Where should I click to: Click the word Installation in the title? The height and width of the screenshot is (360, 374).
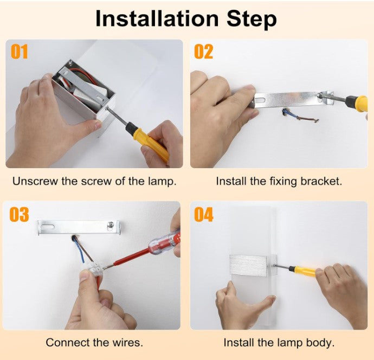coord(157,19)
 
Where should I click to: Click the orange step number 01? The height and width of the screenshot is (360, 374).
coord(20,52)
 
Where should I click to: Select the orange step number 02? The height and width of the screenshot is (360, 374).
coord(203,52)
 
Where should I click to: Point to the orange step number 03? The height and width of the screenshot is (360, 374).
coord(19,214)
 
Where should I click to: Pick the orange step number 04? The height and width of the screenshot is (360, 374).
coord(203,215)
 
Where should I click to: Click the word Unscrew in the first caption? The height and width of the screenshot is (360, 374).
coord(36,181)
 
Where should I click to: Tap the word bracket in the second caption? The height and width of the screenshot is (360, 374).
coord(321,181)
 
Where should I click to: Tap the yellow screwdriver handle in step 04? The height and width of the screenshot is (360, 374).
coord(305,271)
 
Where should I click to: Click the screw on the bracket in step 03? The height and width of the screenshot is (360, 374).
coord(111,224)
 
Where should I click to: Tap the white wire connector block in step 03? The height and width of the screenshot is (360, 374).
coord(95,268)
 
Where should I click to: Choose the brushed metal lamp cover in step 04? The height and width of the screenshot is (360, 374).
coord(248,265)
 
